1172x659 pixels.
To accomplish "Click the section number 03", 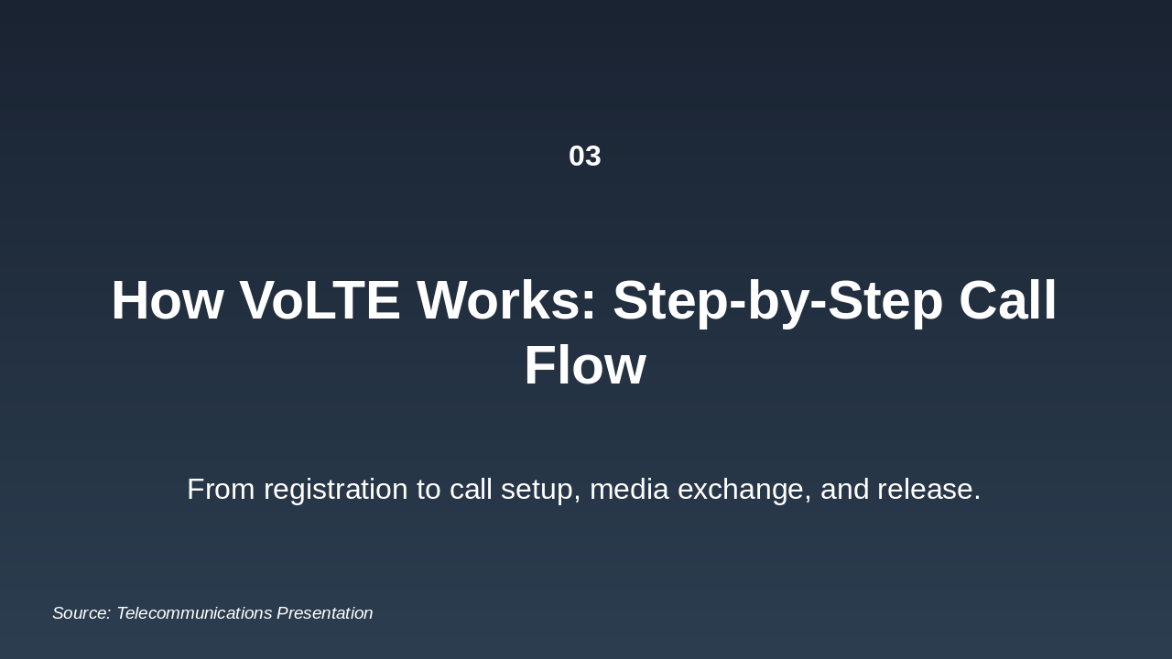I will point(584,156).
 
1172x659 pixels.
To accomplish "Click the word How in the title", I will point(167,300).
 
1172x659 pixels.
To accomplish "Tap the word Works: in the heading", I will point(506,300).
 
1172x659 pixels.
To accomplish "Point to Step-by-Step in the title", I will point(777,300).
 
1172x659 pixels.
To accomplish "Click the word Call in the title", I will point(1007,300).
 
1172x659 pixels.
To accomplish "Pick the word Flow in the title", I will point(584,365).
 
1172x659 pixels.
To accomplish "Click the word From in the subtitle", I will point(221,489).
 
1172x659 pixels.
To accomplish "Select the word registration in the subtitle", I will point(335,489).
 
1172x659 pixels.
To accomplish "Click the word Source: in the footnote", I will point(81,613).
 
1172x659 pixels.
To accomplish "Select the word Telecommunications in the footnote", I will point(194,613).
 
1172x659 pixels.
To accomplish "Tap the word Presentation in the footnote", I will point(324,613).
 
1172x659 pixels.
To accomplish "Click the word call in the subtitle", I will point(471,489).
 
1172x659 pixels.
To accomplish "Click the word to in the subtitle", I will point(429,489).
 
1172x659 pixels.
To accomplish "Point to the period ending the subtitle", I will point(978,499).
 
